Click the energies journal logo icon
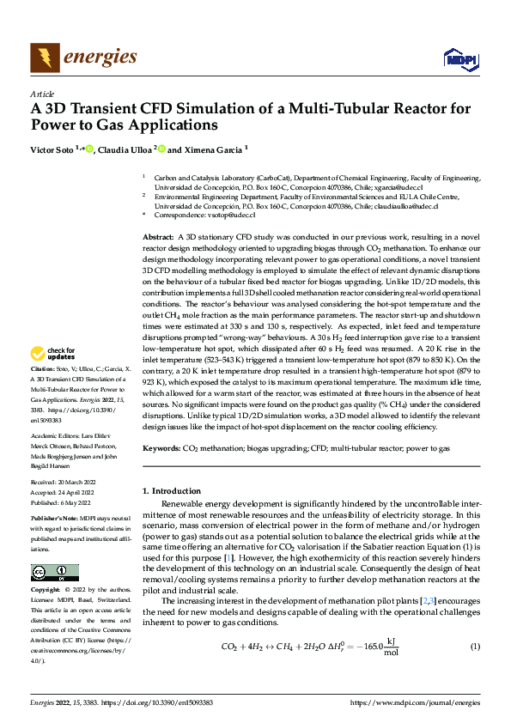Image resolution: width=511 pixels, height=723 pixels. pos(44,58)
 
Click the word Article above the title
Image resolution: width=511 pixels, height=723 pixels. pos(41,94)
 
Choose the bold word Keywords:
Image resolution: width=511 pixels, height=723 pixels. pos(161,449)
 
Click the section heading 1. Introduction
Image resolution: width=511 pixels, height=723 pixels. pos(178,490)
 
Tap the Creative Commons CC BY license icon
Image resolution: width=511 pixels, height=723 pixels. pos(54,573)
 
